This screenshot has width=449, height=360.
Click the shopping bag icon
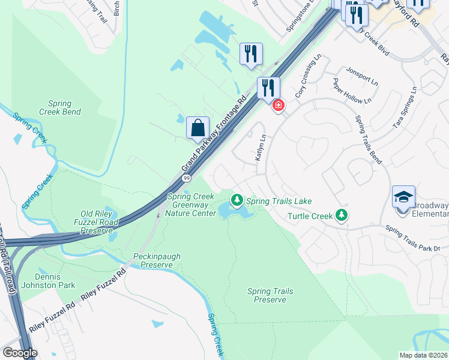pyautogui.click(x=197, y=128)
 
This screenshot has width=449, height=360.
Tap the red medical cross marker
pyautogui.click(x=278, y=106)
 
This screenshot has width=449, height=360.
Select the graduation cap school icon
pyautogui.click(x=403, y=197)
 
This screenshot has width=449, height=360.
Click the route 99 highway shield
pyautogui.click(x=186, y=179)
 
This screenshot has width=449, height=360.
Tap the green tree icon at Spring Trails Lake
pyautogui.click(x=237, y=199)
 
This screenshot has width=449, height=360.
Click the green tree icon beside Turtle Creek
pyautogui.click(x=342, y=214)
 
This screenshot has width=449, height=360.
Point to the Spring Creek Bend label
pyautogui.click(x=60, y=108)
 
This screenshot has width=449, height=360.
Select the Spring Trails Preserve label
pyautogui.click(x=270, y=295)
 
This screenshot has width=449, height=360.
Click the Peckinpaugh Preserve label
pyautogui.click(x=157, y=261)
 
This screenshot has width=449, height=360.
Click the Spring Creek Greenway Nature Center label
pyautogui.click(x=191, y=205)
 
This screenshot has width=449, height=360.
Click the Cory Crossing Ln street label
pyautogui.click(x=309, y=78)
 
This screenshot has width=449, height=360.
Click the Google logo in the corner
pyautogui.click(x=20, y=353)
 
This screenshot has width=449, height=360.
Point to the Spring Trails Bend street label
pyautogui.click(x=368, y=139)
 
